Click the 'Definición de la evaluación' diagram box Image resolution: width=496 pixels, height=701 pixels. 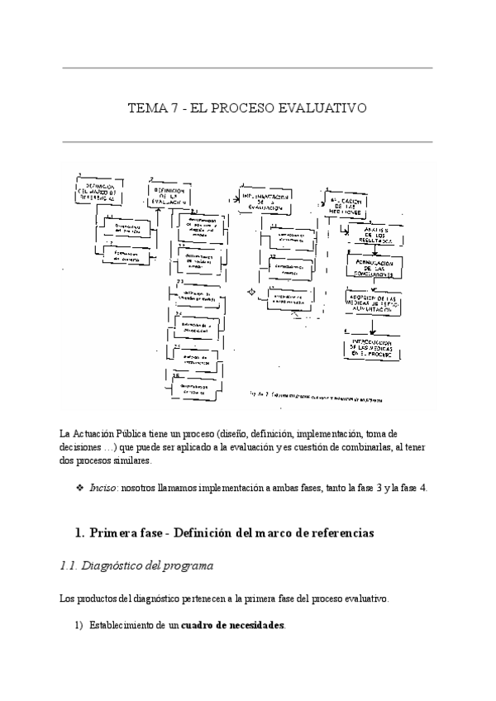pos(171,195)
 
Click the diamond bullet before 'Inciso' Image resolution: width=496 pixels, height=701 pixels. pos(80,488)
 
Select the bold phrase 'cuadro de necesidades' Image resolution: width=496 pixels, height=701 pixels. pos(232,626)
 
